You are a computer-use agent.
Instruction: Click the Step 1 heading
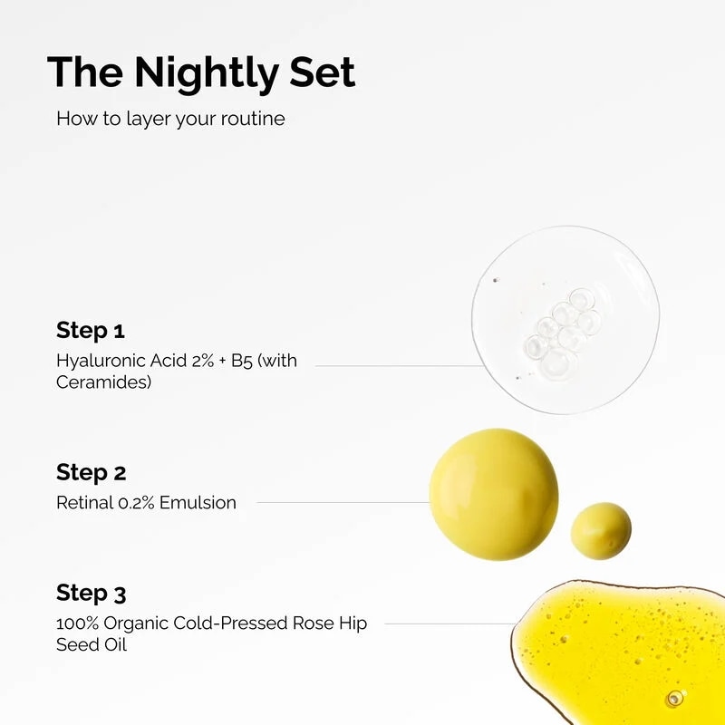(x=91, y=330)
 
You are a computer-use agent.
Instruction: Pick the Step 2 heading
(x=92, y=472)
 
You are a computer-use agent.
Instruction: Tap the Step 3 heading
(x=92, y=594)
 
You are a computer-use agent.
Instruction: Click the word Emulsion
(x=198, y=503)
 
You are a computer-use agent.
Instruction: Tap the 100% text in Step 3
(x=75, y=623)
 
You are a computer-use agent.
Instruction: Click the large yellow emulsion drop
(x=494, y=494)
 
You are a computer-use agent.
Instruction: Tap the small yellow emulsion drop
(x=601, y=530)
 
